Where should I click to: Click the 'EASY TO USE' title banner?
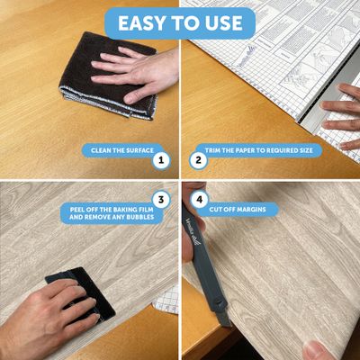tap(180, 23)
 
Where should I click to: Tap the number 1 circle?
tap(161, 161)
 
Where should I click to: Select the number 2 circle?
tap(200, 161)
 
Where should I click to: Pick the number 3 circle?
tap(161, 199)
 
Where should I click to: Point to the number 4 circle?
tap(199, 199)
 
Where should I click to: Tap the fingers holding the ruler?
tap(342, 112)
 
